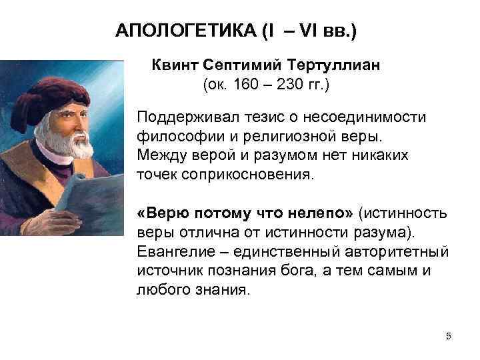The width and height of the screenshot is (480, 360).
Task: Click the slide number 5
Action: [x=449, y=335]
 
